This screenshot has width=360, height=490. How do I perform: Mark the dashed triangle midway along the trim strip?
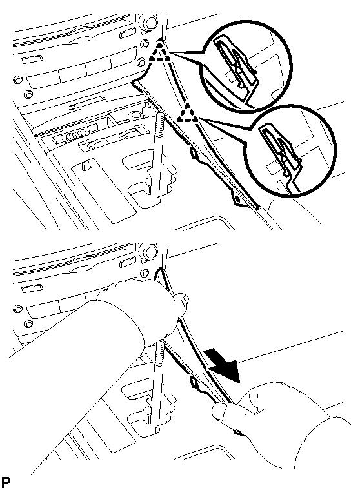click(x=188, y=113)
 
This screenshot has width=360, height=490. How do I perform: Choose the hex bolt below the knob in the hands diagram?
click(x=144, y=272)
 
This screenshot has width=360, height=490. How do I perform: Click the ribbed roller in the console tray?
click(x=74, y=136)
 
